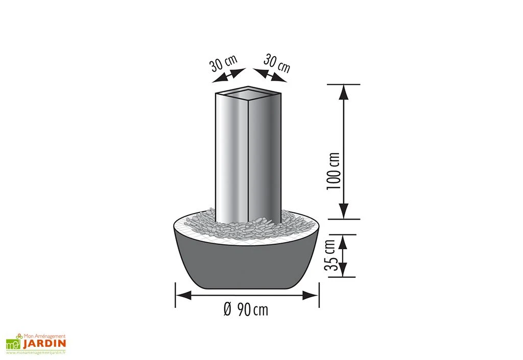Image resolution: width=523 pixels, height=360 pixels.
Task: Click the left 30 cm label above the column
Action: (x=223, y=63)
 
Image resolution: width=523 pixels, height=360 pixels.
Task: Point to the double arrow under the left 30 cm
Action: (x=228, y=76)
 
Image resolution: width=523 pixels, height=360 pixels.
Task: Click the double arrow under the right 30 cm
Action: (x=270, y=75)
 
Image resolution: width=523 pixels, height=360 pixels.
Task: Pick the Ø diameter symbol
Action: (x=228, y=309)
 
